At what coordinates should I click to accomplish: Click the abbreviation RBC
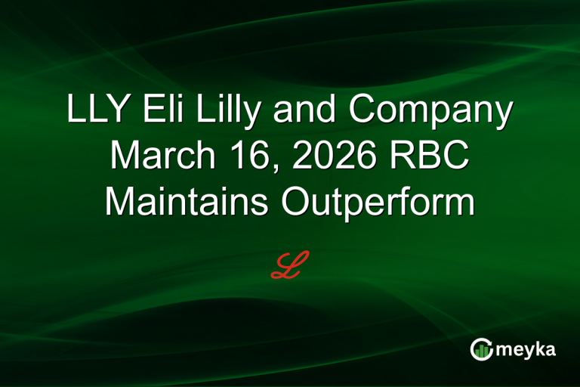coord(432,156)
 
